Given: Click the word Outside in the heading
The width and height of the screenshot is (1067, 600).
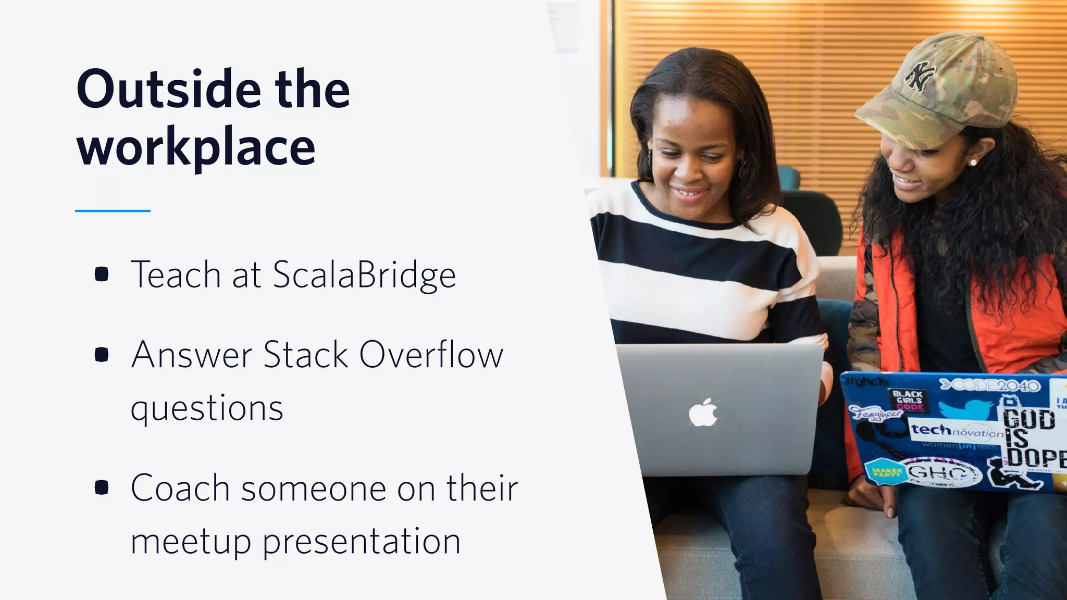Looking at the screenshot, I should pos(168,90).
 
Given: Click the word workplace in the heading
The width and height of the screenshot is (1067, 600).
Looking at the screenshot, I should pos(196,147).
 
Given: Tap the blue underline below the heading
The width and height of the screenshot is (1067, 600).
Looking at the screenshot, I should pos(113,211).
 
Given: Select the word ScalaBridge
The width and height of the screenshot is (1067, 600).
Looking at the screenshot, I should pos(364,274).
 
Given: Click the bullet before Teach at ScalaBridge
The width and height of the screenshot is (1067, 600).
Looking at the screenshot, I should pos(102,274).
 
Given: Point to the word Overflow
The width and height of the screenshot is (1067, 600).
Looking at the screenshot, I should pos(431,355).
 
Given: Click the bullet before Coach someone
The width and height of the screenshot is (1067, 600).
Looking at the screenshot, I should pos(102,488).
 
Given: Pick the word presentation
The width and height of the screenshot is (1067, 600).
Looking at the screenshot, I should pos(361,542).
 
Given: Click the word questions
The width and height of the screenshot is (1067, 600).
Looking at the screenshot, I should pos(207,408).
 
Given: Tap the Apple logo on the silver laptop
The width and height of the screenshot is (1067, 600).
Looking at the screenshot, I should pos(703,413).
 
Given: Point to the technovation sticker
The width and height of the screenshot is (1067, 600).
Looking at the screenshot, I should pos(957,431).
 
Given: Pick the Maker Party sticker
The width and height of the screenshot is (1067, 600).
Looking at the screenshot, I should pos(886,472).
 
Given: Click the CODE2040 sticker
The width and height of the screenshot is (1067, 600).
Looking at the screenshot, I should pos(990,385).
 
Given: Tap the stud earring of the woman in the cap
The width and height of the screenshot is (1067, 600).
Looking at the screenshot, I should pos(973,162).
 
